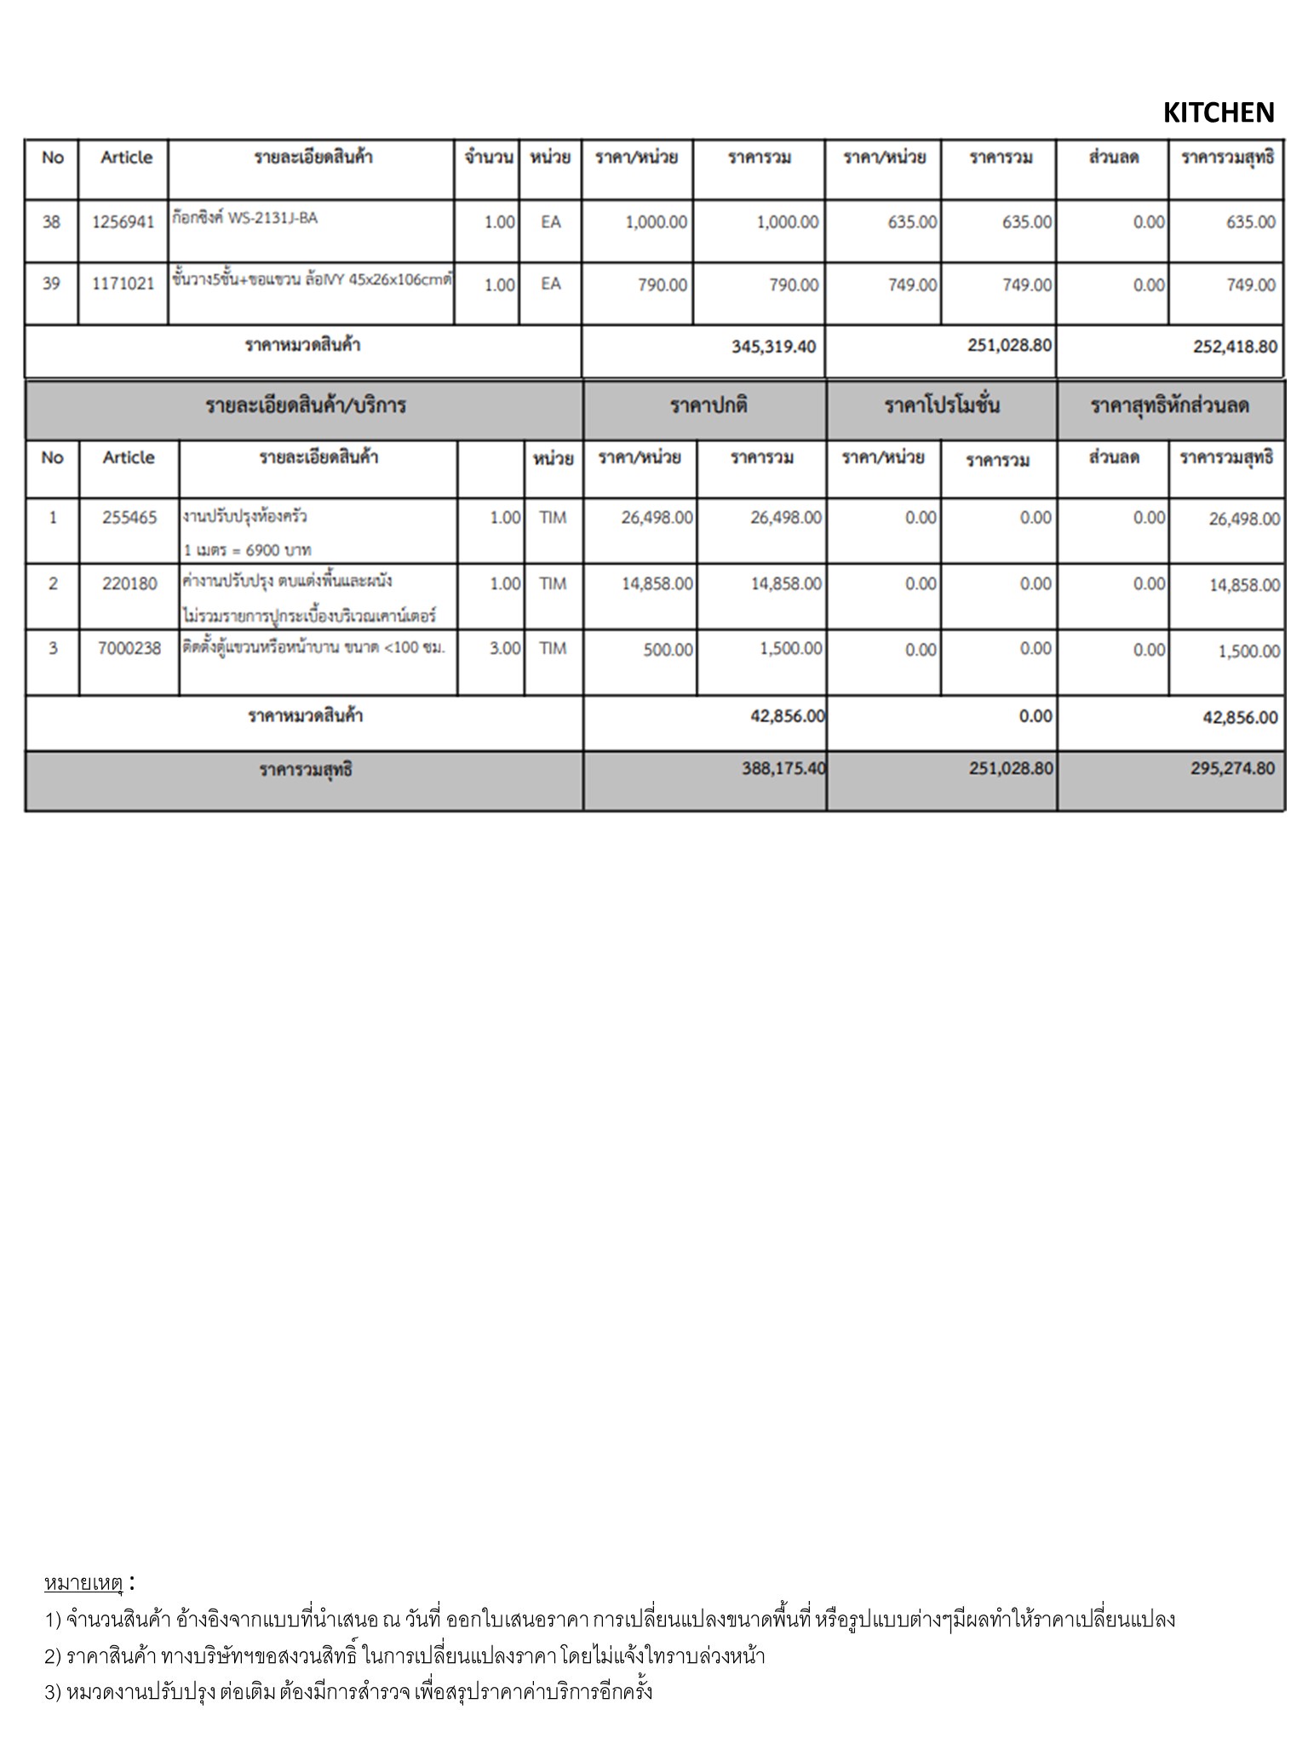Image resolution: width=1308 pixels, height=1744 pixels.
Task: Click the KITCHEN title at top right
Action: point(1218,112)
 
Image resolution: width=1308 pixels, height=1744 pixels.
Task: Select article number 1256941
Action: point(123,222)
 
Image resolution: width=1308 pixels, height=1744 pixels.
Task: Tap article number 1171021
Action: point(123,284)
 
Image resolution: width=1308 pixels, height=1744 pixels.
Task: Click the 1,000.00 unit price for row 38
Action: point(656,222)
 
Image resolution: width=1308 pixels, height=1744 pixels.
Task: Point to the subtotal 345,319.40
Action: point(773,347)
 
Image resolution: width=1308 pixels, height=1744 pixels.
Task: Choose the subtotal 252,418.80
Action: point(1235,347)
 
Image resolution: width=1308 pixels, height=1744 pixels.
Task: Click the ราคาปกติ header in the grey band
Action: point(708,405)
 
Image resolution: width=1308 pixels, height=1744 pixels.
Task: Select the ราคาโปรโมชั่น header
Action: point(942,405)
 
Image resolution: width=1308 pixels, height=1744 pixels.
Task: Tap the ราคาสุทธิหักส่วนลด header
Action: point(1170,405)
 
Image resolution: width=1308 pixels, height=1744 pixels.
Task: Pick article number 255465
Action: point(129,518)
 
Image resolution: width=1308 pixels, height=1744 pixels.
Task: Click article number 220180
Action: point(129,584)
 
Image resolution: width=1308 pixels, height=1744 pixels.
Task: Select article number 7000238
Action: point(129,649)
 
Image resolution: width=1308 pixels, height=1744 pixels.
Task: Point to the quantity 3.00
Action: point(505,649)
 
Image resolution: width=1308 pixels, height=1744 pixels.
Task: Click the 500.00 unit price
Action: point(668,650)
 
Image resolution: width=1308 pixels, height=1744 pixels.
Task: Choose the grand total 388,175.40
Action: point(783,769)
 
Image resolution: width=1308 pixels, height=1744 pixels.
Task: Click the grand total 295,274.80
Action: point(1232,769)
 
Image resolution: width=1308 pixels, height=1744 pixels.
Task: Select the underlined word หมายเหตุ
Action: point(83,1583)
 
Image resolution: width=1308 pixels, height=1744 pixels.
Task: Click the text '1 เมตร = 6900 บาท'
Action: point(248,550)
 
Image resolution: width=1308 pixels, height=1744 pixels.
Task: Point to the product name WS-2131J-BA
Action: point(272,218)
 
